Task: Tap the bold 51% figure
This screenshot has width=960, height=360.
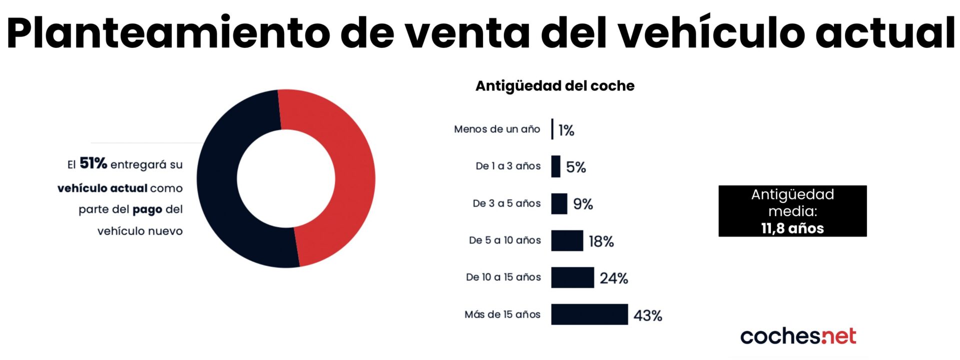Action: [x=93, y=163]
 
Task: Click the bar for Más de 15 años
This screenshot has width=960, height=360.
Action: [x=589, y=314]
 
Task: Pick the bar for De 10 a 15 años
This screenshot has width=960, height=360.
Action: [x=572, y=277]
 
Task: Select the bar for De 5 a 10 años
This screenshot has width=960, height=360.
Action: [x=567, y=240]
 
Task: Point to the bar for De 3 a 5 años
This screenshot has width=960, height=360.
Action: [x=559, y=203]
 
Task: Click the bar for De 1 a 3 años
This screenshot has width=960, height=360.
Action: [x=555, y=166]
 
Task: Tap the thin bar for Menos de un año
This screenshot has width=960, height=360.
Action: [x=552, y=129]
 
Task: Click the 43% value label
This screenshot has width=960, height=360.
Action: [x=647, y=315]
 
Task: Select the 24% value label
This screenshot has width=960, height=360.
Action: [x=613, y=278]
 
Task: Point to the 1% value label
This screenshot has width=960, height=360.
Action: [x=566, y=130]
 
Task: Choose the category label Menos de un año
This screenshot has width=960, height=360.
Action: [x=497, y=129]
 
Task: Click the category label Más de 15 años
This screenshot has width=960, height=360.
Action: [x=502, y=314]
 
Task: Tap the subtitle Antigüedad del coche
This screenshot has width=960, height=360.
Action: [x=554, y=86]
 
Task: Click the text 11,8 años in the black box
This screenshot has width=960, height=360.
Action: [x=792, y=228]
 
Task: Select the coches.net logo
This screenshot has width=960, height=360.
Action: [x=798, y=336]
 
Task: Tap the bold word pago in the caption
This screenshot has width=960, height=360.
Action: [x=147, y=209]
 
